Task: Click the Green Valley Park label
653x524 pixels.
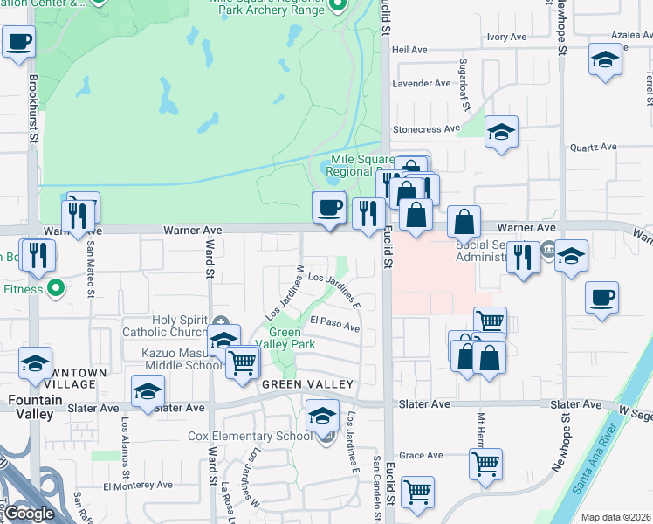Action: tap(285, 338)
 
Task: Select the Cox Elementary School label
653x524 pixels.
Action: tap(250, 436)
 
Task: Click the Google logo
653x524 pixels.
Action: tap(29, 514)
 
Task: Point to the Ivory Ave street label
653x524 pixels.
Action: tap(506, 37)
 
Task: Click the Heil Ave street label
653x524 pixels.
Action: tap(409, 50)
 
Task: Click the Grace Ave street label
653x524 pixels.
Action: tap(422, 455)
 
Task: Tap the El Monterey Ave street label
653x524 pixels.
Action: tap(140, 486)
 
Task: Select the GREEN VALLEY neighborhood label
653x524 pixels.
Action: tap(306, 384)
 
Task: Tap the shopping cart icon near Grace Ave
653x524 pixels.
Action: tap(485, 463)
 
